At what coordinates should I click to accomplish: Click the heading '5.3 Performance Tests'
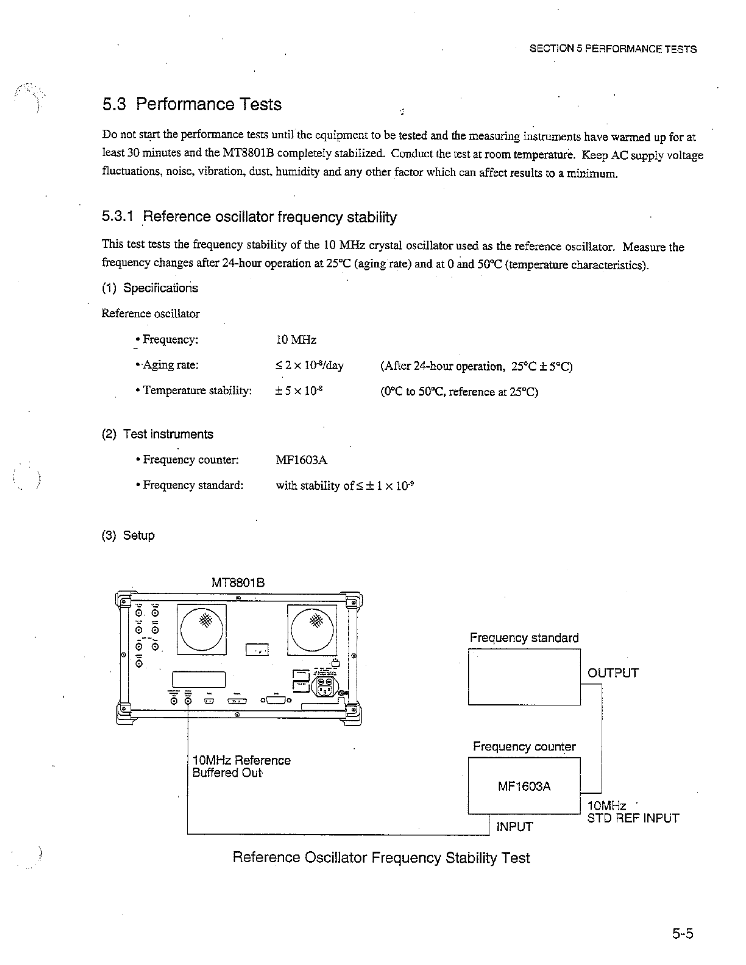pyautogui.click(x=191, y=104)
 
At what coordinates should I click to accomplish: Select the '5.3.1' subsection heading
pyautogui.click(x=249, y=217)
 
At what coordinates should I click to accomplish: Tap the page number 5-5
pyautogui.click(x=684, y=934)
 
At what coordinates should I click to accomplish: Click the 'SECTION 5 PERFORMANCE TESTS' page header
pyautogui.click(x=613, y=49)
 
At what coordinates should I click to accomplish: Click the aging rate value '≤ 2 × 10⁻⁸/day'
pyautogui.click(x=310, y=366)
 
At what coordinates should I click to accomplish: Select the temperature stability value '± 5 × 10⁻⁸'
pyautogui.click(x=299, y=391)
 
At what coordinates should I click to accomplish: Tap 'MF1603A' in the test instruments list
pyautogui.click(x=302, y=460)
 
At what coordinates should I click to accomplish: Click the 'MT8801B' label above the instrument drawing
pyautogui.click(x=238, y=582)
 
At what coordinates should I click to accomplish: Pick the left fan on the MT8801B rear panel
pyautogui.click(x=202, y=629)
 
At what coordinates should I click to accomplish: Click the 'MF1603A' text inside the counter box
pyautogui.click(x=524, y=786)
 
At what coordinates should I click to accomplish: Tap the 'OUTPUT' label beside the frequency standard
pyautogui.click(x=613, y=673)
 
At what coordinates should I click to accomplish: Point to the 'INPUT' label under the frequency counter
pyautogui.click(x=514, y=827)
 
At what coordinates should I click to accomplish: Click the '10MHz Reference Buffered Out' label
pyautogui.click(x=241, y=766)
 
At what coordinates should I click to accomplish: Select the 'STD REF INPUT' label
pyautogui.click(x=633, y=818)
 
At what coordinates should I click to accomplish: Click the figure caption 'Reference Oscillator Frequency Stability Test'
pyautogui.click(x=382, y=858)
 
